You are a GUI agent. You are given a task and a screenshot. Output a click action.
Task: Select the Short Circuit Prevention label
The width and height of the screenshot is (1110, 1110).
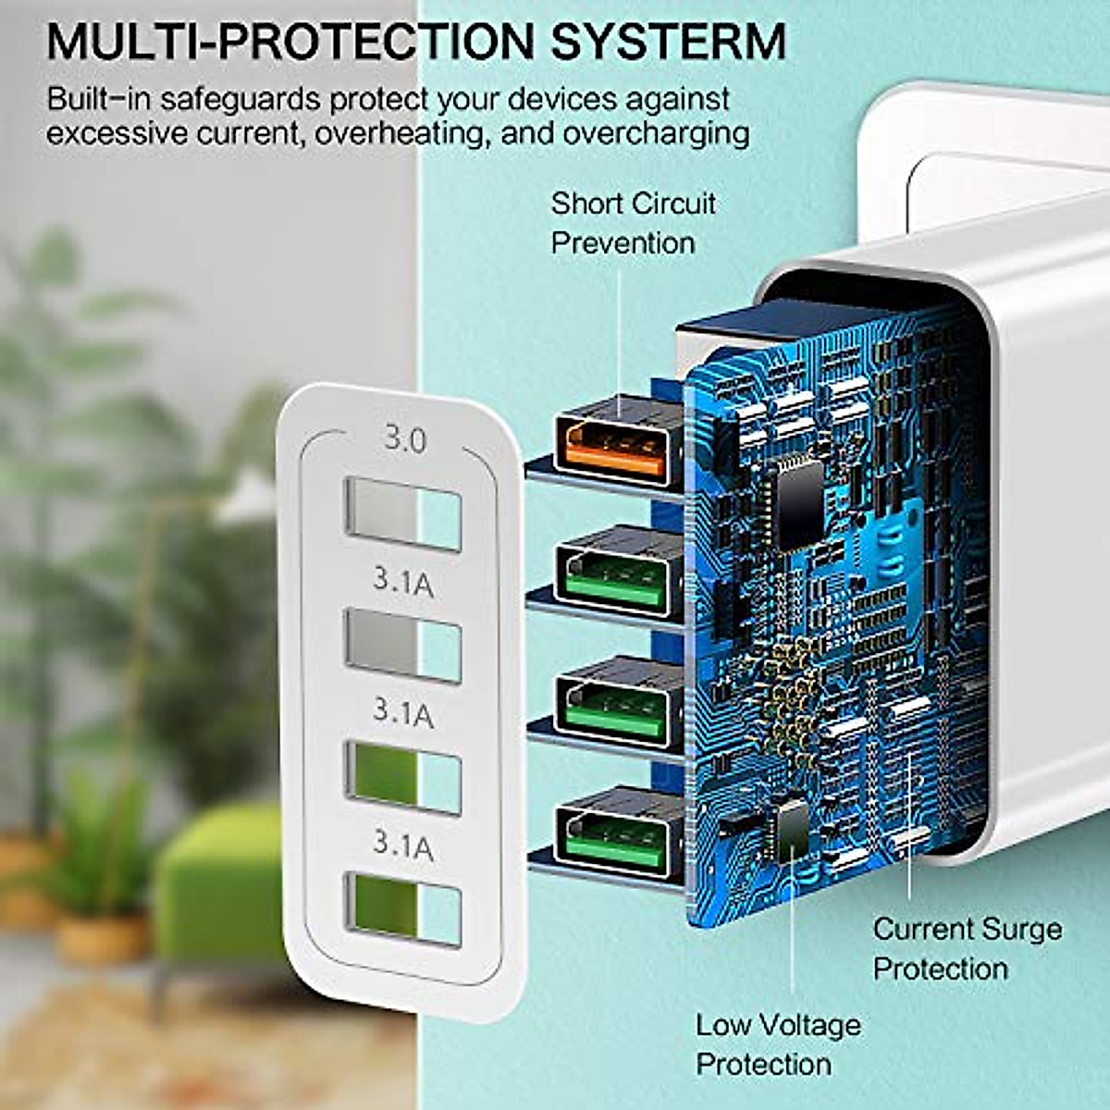[633, 223]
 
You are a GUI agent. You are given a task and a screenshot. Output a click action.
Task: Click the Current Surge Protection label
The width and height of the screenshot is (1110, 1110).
[967, 948]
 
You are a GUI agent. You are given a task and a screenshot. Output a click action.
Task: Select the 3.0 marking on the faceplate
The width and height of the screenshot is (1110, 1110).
[405, 439]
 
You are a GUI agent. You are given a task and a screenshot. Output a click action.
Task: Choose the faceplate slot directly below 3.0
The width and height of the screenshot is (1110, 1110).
[402, 512]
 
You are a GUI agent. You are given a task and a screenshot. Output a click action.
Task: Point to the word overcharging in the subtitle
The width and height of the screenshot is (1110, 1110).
[656, 132]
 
